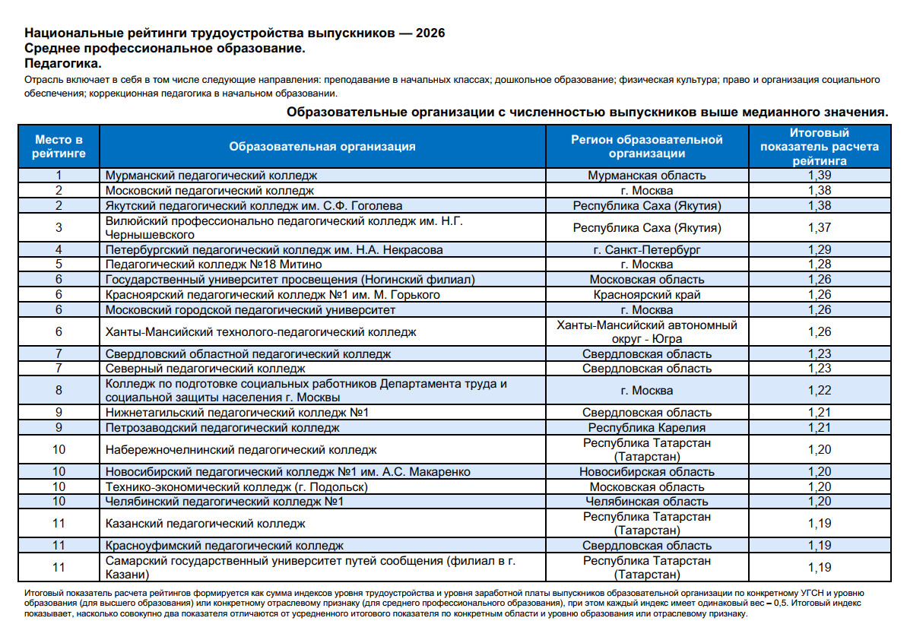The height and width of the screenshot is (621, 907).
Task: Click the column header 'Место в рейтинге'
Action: click(59, 147)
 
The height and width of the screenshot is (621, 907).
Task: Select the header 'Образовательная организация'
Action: click(322, 147)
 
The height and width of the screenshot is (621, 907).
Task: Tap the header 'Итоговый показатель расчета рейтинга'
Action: click(819, 147)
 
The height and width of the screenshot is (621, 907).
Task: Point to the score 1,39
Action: click(820, 176)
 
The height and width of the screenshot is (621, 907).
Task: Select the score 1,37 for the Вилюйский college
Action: click(820, 227)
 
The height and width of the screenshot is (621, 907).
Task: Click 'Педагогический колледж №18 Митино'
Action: click(214, 265)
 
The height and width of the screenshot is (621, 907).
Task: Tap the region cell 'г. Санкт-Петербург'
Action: click(647, 249)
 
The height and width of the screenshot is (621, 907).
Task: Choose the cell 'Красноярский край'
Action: click(647, 294)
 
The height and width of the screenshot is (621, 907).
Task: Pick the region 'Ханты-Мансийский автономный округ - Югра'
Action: click(647, 331)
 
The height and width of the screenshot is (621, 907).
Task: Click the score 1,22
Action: click(820, 391)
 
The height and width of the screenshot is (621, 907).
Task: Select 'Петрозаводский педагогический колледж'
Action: click(223, 428)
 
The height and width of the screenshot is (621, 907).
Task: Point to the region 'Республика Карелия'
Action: click(647, 428)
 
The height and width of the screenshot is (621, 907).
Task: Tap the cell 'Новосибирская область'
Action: click(647, 472)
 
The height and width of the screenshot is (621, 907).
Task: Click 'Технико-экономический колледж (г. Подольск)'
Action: click(237, 486)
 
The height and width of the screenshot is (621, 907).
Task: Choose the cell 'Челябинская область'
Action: click(647, 502)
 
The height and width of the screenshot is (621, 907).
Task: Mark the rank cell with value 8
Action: click(59, 391)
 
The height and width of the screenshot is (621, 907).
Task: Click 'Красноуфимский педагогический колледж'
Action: click(224, 546)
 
